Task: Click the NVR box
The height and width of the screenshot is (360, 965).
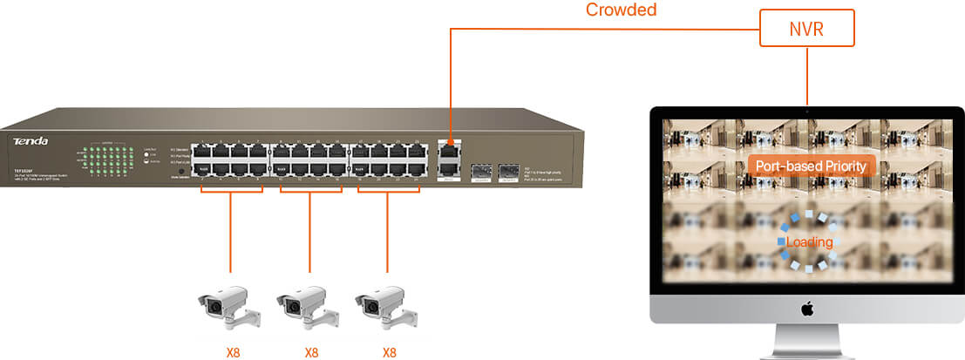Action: [807, 28]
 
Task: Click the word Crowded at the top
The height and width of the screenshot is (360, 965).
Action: [621, 10]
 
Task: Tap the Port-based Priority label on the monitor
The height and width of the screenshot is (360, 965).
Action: [811, 166]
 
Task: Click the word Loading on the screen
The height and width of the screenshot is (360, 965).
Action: [809, 241]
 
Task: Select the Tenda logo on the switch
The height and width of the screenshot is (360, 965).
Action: [31, 140]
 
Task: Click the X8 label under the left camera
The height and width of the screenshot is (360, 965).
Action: [232, 352]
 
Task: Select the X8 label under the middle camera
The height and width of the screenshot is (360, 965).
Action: [311, 352]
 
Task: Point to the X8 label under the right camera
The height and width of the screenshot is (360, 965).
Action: [389, 352]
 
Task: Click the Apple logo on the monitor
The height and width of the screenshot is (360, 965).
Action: [807, 308]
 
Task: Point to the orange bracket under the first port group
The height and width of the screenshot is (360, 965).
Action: [231, 188]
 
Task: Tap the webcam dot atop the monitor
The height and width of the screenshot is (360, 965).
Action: [807, 111]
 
